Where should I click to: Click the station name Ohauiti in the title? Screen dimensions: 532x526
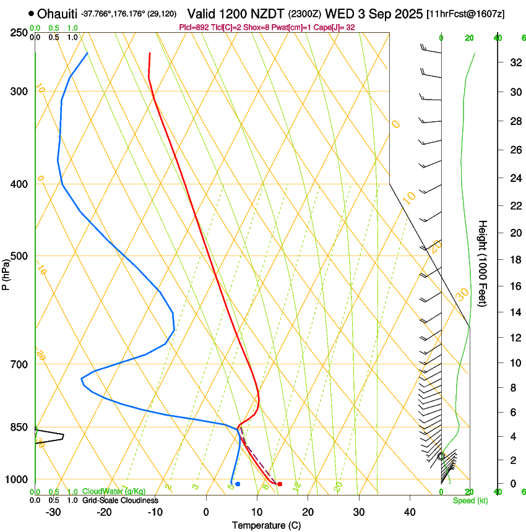[x=58, y=14]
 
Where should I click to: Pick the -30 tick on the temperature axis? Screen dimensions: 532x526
[x=53, y=512]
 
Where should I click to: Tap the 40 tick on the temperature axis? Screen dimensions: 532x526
[x=410, y=512]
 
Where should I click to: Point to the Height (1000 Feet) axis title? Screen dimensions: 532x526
[x=483, y=263]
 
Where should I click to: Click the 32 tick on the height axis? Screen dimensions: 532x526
[x=514, y=62]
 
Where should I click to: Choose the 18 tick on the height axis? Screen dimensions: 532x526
[x=514, y=259]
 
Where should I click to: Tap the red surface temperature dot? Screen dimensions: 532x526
[x=280, y=484]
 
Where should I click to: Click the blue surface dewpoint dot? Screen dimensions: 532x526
[x=238, y=484]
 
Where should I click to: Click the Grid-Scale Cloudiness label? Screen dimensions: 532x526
[x=120, y=500]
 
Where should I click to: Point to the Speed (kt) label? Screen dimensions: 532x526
[x=470, y=500]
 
